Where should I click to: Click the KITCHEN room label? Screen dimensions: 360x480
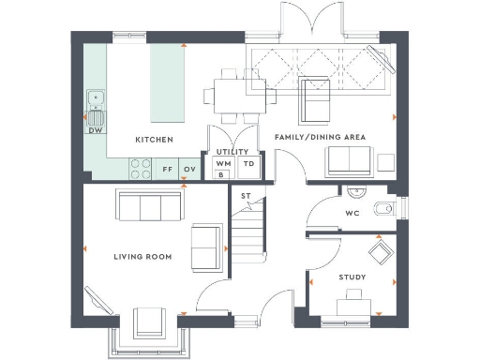pos(154,140)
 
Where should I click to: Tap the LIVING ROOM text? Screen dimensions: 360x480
pos(140,256)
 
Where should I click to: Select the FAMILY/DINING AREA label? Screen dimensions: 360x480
pos(319,137)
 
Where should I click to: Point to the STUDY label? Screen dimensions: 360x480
pos(352,277)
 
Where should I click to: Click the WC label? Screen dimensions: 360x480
pos(352,213)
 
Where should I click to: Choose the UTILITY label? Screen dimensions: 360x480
pos(231,151)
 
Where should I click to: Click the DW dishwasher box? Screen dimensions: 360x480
pos(95,130)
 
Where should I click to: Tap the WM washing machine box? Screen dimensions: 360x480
pos(222,164)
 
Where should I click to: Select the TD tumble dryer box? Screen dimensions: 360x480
pos(248,164)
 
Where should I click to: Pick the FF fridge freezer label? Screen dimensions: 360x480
pos(168,170)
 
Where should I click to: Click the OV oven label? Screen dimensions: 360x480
pos(189,170)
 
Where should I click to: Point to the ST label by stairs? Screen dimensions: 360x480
pos(246,196)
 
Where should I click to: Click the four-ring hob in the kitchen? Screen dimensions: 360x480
pos(140,169)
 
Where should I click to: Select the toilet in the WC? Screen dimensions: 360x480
pos(381,207)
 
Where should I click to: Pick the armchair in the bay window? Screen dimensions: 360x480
pos(150,323)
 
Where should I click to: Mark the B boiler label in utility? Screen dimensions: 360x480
pos(222,174)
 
